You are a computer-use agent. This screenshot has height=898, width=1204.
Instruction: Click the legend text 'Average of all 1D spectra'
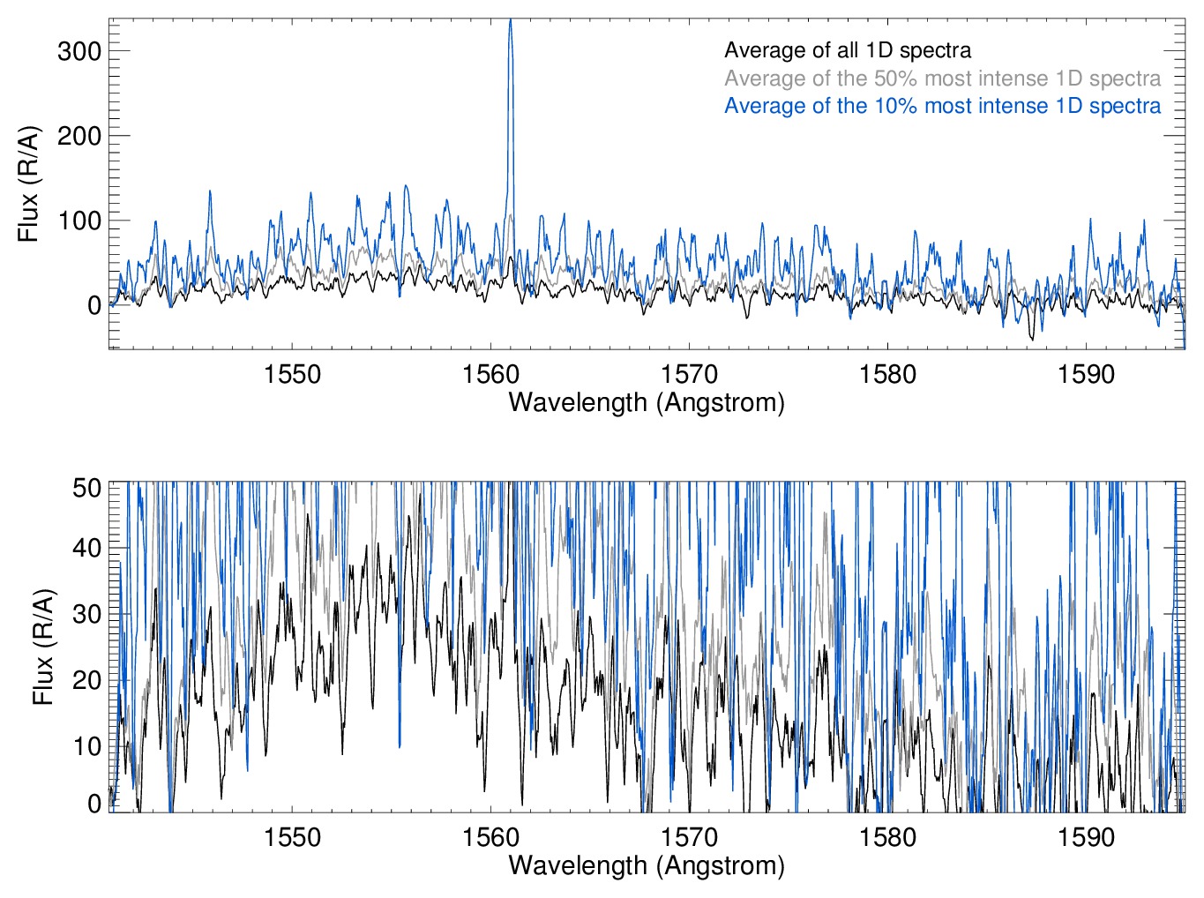(x=847, y=50)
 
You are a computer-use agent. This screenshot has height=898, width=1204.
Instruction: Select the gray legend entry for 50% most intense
(x=942, y=79)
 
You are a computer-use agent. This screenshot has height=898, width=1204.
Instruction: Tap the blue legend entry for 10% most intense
(x=942, y=106)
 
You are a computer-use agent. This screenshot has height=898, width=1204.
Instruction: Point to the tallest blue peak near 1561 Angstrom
(x=510, y=22)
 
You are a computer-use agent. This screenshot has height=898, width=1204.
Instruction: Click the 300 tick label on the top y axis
(x=79, y=51)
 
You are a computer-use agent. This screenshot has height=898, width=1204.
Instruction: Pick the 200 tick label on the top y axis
(x=79, y=136)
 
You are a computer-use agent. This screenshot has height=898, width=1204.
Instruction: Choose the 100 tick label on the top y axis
(x=79, y=221)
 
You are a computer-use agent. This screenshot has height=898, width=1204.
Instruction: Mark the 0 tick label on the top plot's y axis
(x=94, y=305)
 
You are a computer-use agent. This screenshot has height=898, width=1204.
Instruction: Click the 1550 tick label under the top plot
(x=292, y=374)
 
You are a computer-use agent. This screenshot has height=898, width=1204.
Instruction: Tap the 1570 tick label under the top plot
(x=689, y=374)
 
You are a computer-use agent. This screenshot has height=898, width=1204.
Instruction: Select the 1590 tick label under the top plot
(x=1086, y=374)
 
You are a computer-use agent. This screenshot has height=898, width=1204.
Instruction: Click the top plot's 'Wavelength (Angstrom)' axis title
(x=647, y=403)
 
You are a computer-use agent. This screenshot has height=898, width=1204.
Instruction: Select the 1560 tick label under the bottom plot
(x=490, y=837)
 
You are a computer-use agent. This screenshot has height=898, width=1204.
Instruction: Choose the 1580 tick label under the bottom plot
(x=887, y=837)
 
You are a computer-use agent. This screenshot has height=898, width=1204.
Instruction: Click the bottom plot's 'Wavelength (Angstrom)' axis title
(x=647, y=865)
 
